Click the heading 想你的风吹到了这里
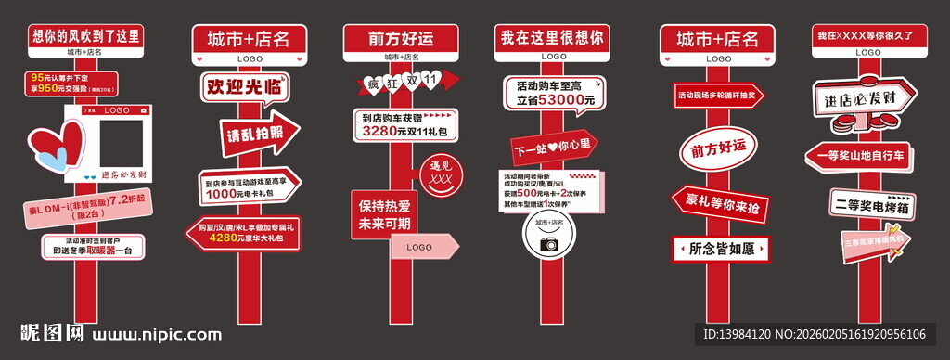(85, 37)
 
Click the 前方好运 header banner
(402, 40)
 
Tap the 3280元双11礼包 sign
(404, 125)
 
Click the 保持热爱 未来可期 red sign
(381, 215)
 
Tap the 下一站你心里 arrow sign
(553, 148)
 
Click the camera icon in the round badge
(549, 243)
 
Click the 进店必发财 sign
(854, 96)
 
